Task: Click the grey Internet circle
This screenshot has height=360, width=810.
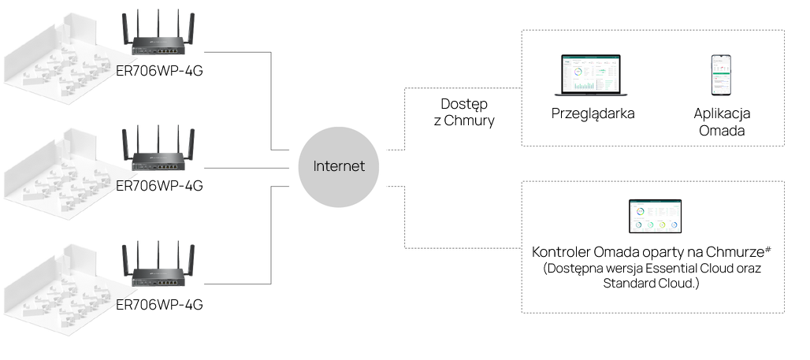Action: pos(339,166)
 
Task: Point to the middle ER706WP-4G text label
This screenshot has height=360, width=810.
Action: pos(159,186)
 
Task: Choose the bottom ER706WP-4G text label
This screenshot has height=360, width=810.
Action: pos(159,304)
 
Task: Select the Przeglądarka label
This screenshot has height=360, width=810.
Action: pos(593,113)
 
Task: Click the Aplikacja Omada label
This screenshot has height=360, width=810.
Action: pos(722,122)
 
